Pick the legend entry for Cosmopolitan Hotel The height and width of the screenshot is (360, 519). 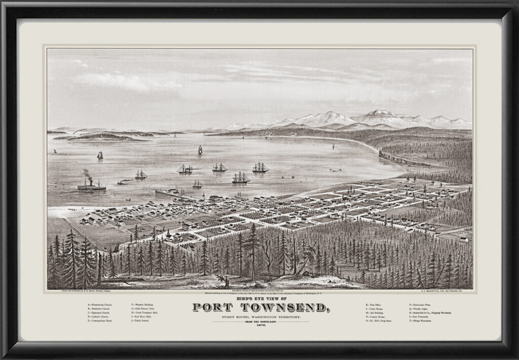coord(100,321)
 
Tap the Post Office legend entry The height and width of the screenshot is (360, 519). coord(374,305)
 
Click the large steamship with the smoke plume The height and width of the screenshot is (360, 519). coord(91,186)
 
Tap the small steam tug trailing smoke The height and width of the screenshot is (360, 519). coord(123,182)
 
